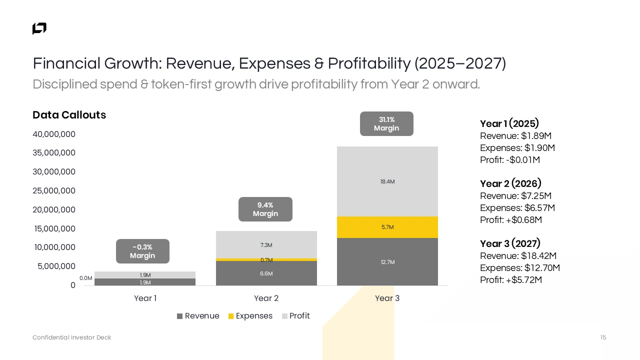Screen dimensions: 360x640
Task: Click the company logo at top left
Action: tap(39, 28)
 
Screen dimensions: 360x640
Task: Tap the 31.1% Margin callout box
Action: tap(386, 123)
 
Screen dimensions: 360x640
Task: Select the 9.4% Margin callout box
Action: tap(265, 209)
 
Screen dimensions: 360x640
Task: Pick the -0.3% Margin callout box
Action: tap(142, 251)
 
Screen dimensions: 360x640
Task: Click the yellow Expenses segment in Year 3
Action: tap(387, 227)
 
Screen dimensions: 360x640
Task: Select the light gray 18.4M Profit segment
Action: tap(387, 181)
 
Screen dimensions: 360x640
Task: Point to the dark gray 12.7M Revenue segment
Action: tap(387, 262)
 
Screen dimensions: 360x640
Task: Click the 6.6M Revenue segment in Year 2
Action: tap(266, 273)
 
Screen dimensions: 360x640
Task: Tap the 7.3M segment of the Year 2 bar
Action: tap(266, 245)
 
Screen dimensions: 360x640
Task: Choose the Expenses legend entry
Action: tap(250, 316)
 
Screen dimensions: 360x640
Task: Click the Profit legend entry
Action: tap(295, 316)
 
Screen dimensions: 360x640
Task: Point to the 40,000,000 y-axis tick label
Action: tap(54, 134)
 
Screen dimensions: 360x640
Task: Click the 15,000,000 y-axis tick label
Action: tap(54, 228)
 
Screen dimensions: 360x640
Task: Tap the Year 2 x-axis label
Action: tap(266, 298)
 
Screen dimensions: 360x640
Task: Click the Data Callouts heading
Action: tap(69, 115)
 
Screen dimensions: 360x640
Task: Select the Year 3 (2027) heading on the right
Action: tap(510, 243)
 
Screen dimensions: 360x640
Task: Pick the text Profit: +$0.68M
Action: tap(511, 220)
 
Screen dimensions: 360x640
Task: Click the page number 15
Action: tap(603, 337)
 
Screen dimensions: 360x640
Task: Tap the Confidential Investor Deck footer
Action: tap(71, 337)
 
